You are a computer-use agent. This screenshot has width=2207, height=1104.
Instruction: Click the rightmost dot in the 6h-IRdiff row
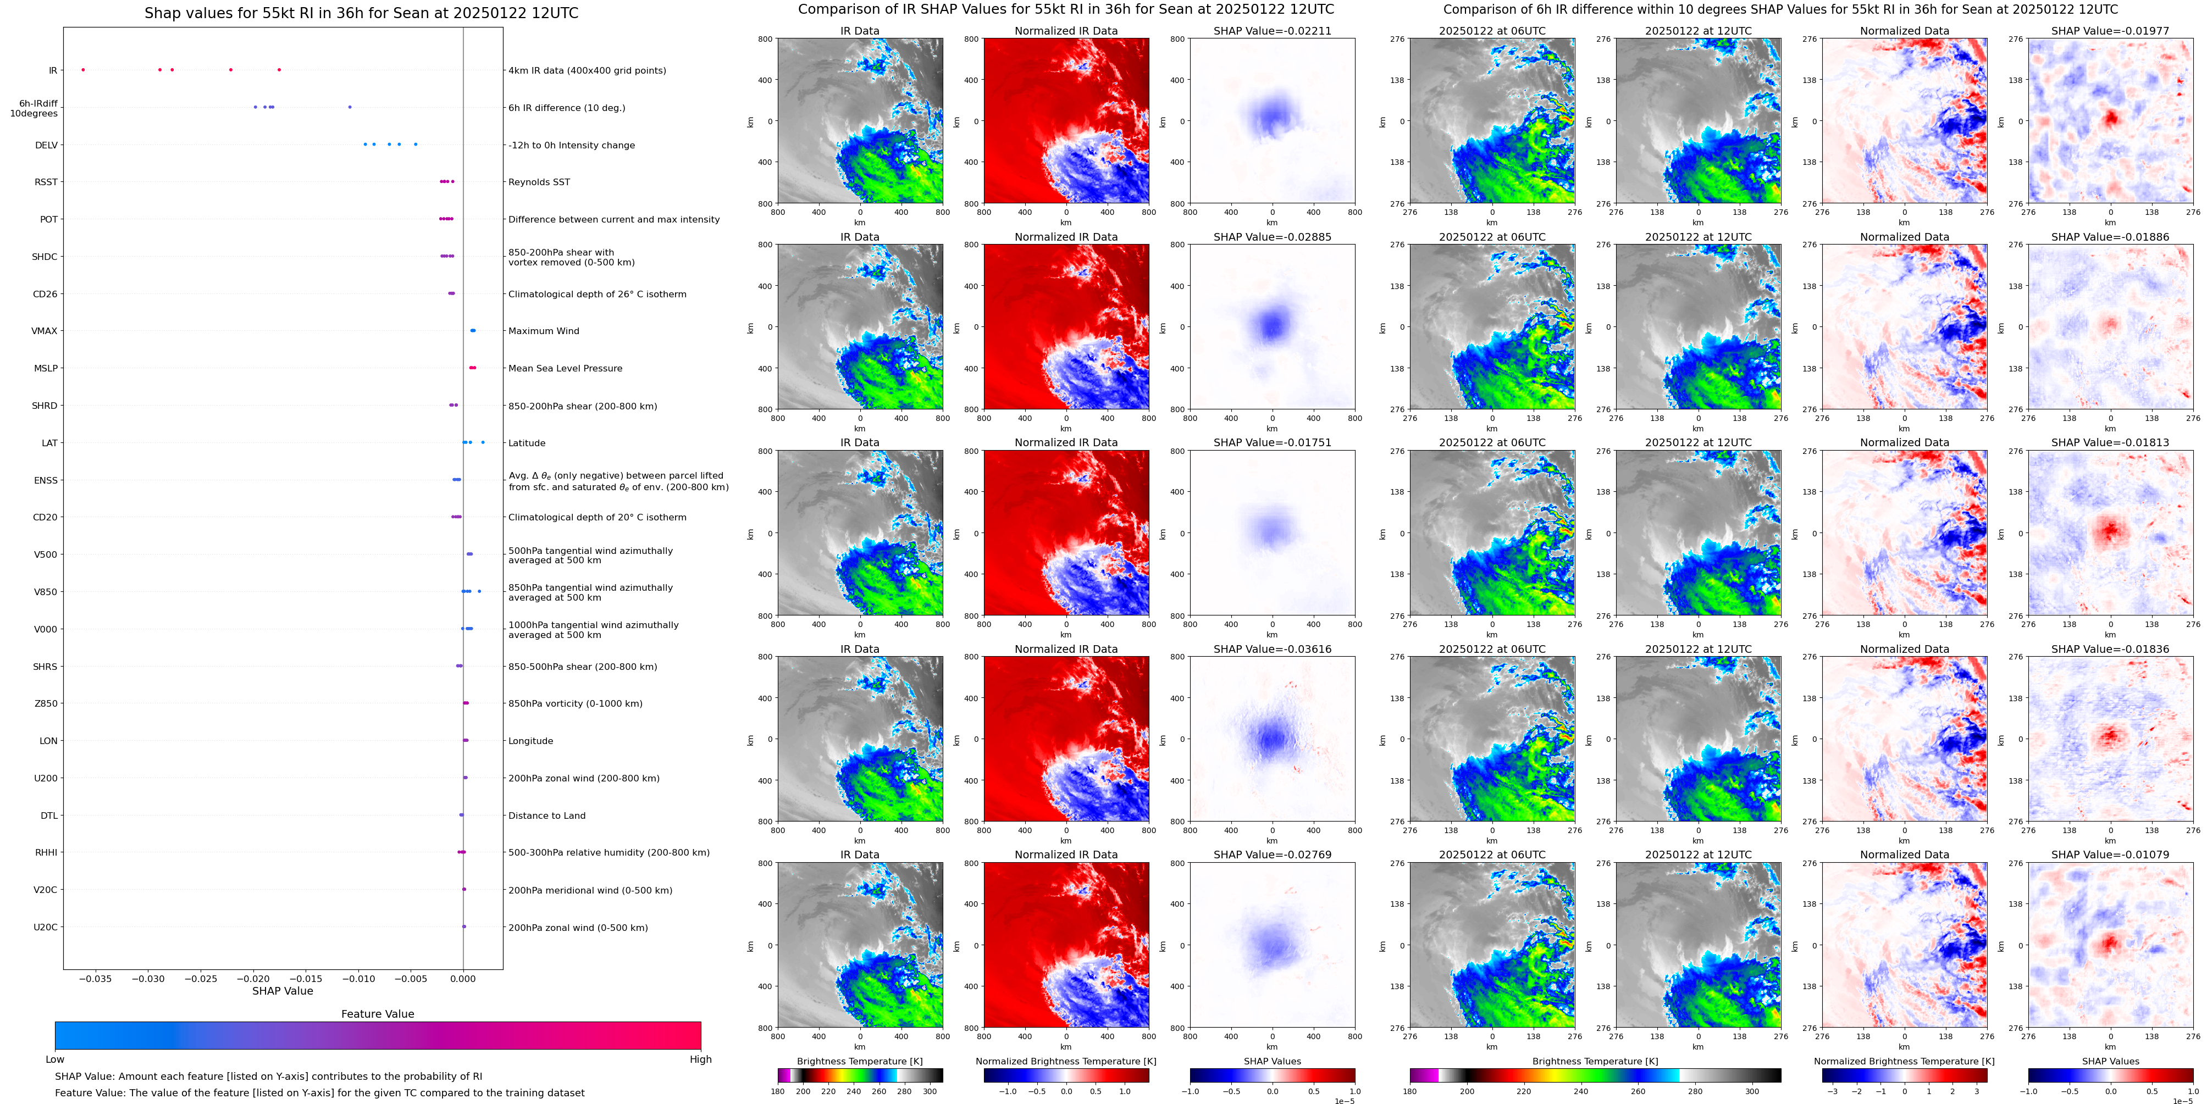[x=350, y=107]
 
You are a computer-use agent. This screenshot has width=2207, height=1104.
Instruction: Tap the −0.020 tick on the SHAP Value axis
[x=253, y=978]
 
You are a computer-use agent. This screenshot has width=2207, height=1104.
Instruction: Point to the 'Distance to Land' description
[x=546, y=815]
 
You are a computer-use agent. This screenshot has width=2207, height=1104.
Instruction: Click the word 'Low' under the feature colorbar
[x=55, y=1059]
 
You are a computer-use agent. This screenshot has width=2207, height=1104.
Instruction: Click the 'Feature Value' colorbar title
[x=377, y=1014]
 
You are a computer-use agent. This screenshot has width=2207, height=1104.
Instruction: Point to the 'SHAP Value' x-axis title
[x=283, y=991]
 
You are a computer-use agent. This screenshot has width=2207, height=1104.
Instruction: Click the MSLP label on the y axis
[x=46, y=368]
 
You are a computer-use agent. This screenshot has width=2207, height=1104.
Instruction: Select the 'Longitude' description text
[x=530, y=741]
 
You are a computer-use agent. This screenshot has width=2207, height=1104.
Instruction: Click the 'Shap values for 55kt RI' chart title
[x=361, y=13]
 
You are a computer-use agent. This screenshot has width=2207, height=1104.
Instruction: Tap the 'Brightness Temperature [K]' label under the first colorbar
[x=859, y=1061]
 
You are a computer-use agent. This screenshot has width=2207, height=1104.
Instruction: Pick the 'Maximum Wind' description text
[x=543, y=331]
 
